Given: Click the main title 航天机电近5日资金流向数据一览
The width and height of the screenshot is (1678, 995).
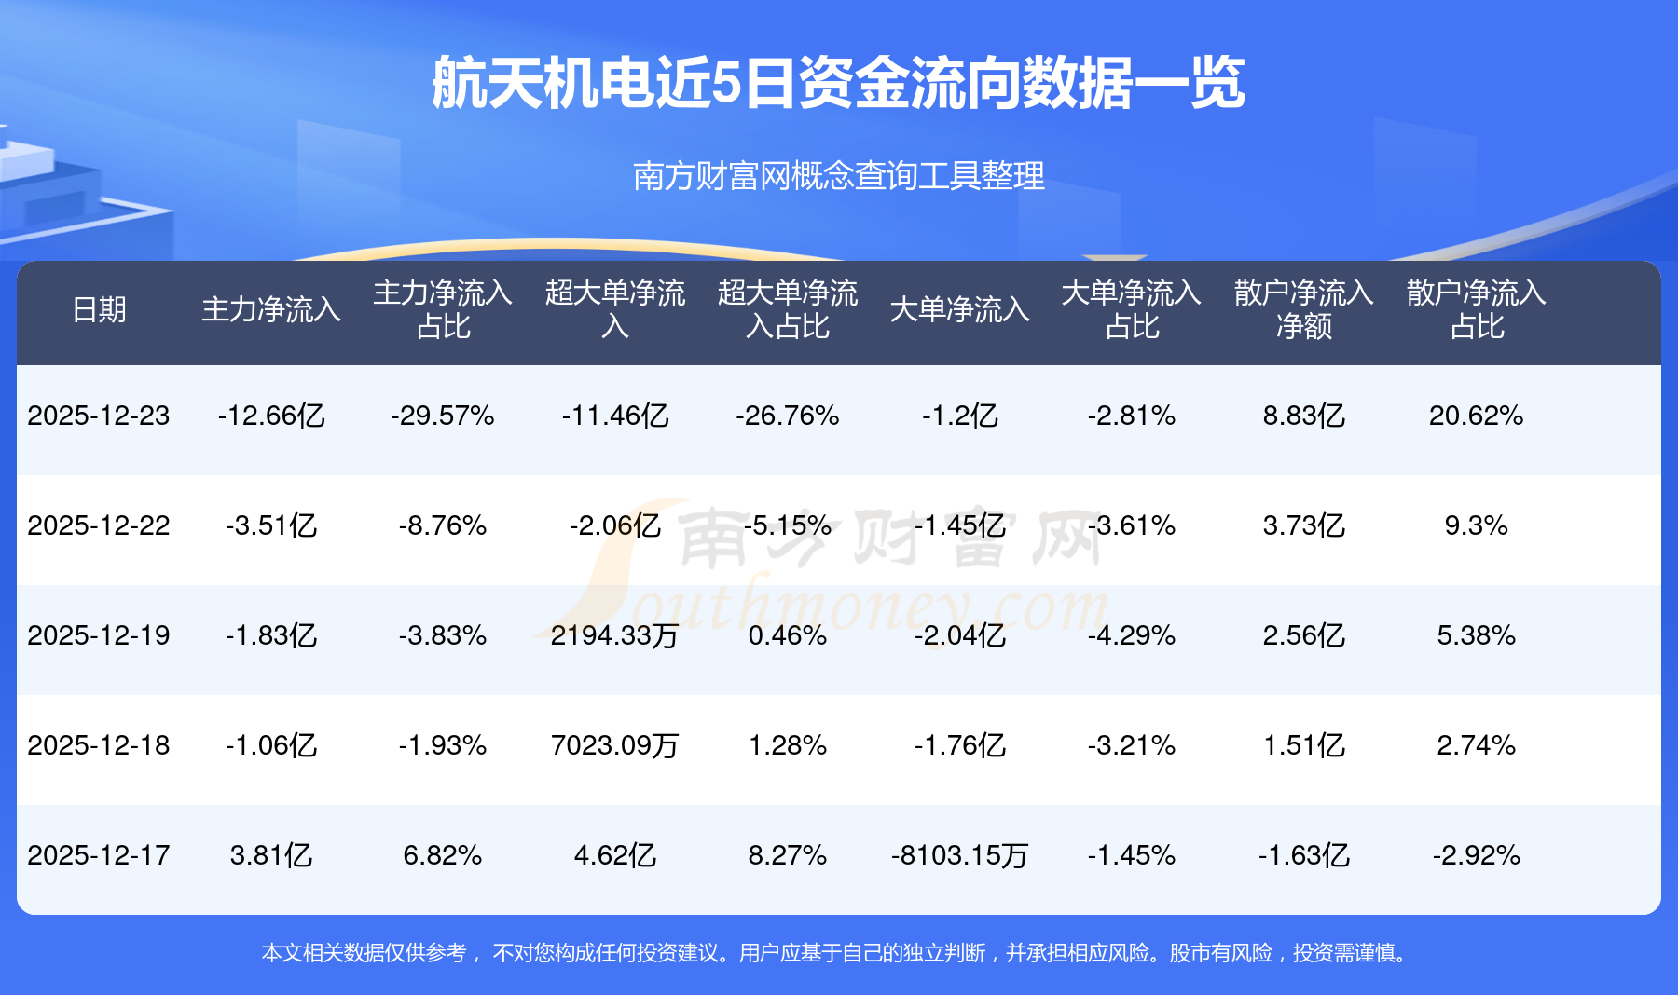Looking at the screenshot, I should (838, 83).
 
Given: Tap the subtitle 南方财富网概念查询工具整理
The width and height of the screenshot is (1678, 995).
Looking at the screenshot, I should (838, 175).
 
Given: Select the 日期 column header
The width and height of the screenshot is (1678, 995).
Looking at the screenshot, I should (99, 309).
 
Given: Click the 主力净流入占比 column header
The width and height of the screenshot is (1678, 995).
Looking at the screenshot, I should (443, 309).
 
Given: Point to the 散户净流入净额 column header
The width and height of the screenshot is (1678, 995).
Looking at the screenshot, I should (1303, 309).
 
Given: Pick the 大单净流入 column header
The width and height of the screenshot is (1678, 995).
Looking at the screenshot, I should (959, 309).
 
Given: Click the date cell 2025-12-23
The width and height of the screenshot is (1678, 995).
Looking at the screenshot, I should (99, 416).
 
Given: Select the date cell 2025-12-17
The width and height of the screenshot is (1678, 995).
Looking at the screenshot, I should (99, 855).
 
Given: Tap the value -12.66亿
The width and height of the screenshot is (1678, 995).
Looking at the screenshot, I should (271, 416).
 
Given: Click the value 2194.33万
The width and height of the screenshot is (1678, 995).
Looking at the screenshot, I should (614, 635).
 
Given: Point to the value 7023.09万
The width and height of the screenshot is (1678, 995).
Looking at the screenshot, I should (614, 745).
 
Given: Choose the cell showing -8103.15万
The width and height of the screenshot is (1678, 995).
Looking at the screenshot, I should (959, 855).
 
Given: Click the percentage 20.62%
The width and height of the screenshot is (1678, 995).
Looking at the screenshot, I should (1476, 416).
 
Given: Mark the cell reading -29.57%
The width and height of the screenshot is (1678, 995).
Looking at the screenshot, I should (443, 416).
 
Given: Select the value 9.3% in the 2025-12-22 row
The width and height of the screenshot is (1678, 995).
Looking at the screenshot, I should (1476, 525).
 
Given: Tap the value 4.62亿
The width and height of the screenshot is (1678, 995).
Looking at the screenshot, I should (614, 855).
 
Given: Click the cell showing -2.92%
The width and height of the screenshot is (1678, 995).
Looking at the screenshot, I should (1476, 855).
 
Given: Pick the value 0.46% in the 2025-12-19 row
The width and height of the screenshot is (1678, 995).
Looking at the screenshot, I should (788, 635).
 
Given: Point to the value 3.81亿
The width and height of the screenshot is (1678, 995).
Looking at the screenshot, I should (271, 855).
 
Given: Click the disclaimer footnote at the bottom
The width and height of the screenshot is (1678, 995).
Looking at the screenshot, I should (838, 953).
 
